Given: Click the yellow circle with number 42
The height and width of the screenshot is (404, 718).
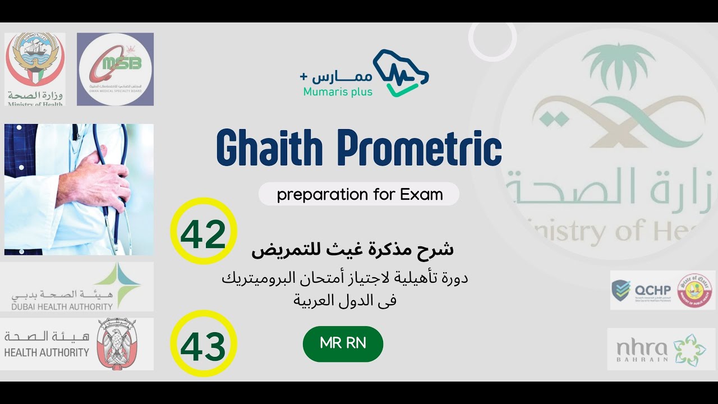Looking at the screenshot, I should point(203,231).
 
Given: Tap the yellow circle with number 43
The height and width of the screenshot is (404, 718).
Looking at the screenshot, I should point(203,343).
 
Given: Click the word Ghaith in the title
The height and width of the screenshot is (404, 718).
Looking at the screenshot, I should point(269,148).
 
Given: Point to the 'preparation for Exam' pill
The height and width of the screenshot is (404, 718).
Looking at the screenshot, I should point(359,194).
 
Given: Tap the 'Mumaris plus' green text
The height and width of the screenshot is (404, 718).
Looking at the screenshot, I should point(338,91).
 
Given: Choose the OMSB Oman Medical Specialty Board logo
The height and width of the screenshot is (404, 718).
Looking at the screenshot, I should point(115,69).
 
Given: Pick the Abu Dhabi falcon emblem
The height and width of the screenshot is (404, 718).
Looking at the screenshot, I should point(116,343).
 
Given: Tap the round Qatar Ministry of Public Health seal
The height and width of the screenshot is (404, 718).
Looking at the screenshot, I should point(696,290).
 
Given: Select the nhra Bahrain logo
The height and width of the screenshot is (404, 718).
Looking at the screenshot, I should point(661,349).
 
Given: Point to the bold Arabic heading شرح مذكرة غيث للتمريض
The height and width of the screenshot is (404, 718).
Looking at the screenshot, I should point(352,250).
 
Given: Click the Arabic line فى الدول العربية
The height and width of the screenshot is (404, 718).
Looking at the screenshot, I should point(344,300).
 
